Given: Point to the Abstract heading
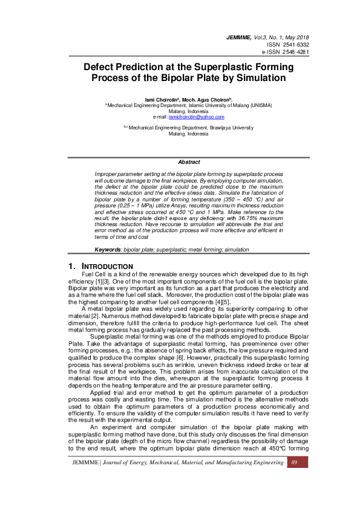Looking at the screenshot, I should click(189, 162).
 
